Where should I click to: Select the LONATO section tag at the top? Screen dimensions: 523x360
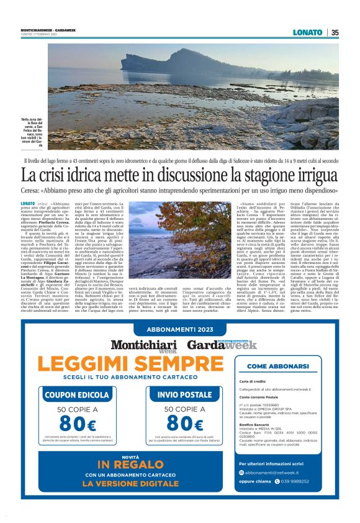coord(309,33)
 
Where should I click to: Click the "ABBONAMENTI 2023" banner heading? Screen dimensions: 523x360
coord(179,330)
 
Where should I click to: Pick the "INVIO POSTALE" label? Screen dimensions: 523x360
coord(184,394)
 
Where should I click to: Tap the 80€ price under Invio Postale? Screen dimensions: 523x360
coord(184,424)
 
